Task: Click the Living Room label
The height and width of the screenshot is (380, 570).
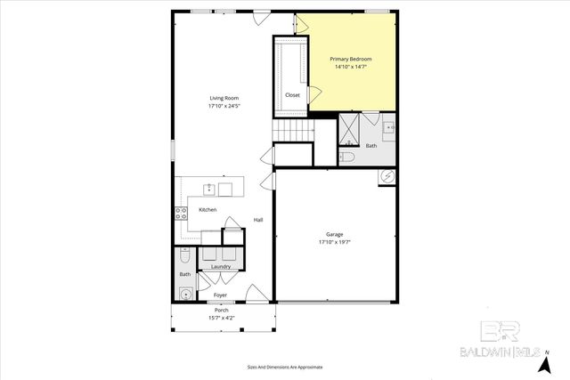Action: point(224,98)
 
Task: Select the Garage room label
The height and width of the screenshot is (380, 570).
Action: point(334,234)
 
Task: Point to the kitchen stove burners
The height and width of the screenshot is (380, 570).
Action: point(180,213)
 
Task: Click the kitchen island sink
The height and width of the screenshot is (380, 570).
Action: point(208,189)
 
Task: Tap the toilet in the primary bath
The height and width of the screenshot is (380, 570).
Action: point(347,158)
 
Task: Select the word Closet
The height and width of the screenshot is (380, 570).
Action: point(292,95)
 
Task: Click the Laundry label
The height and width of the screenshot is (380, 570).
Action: point(221,267)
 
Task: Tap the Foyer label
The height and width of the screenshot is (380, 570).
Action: point(220,294)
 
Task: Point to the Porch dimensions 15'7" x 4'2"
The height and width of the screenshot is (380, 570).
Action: point(221,317)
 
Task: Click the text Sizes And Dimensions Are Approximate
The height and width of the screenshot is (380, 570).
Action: point(285,367)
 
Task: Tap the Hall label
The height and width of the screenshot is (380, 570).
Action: point(258,220)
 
